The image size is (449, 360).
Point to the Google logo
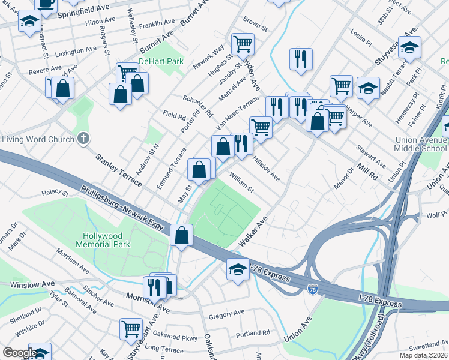[19, 353]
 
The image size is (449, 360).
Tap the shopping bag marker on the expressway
[181, 234]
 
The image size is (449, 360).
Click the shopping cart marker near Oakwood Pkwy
[131, 328]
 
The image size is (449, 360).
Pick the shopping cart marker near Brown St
[243, 43]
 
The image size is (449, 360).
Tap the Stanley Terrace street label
[116, 170]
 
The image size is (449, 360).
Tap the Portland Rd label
[253, 334]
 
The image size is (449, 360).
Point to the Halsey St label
[55, 192]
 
